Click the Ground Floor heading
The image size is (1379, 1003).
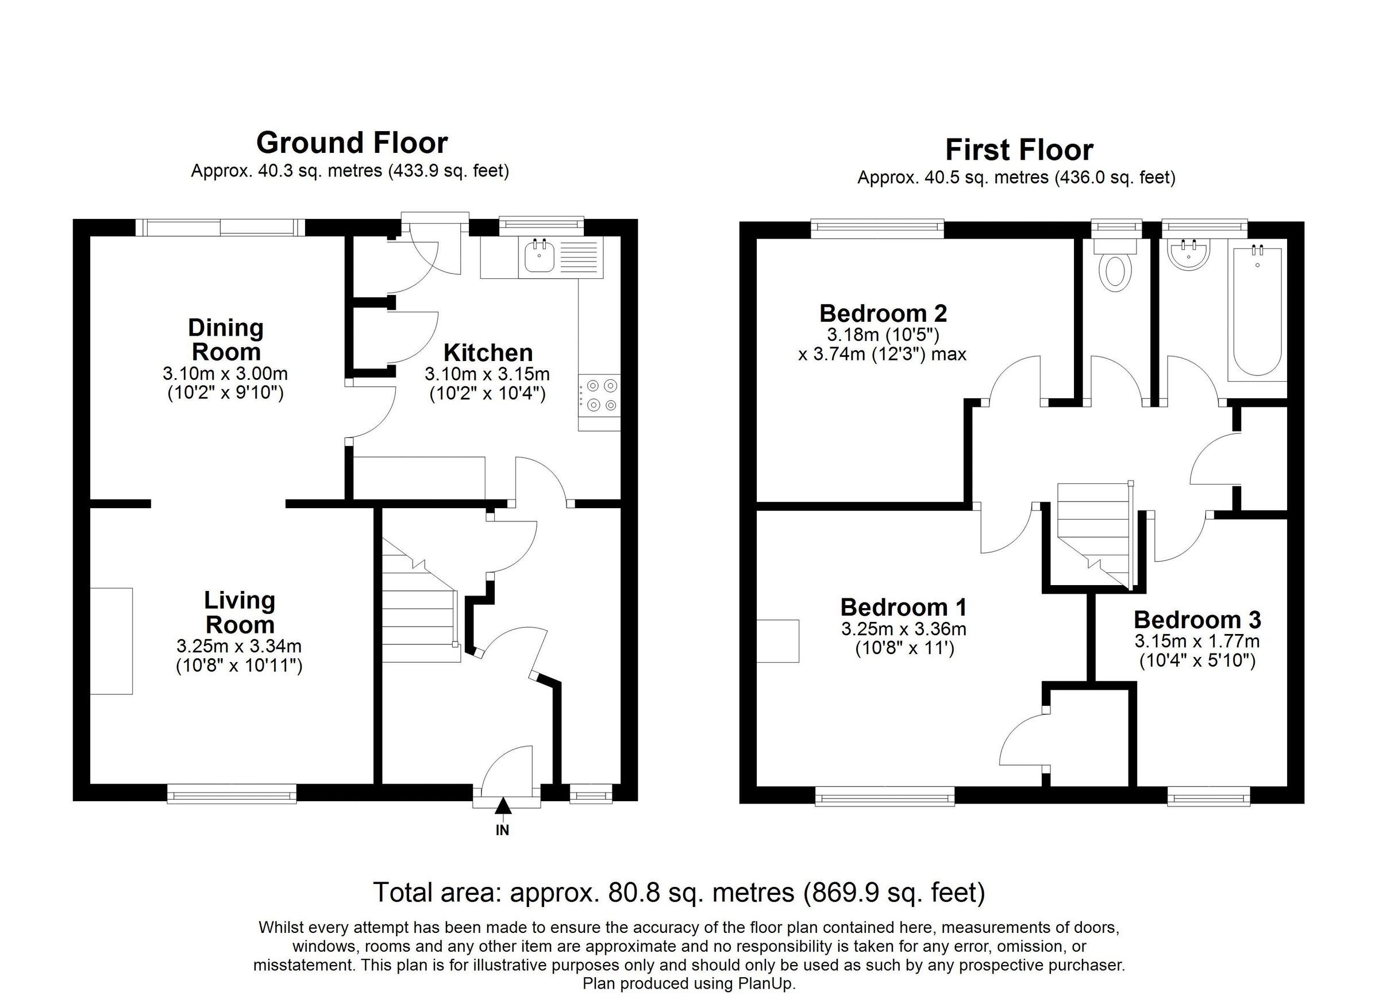[352, 144]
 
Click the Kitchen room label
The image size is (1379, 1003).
[488, 353]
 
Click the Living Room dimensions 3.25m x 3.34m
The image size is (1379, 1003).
[239, 646]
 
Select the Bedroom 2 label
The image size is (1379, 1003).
[883, 313]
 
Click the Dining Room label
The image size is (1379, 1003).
[225, 339]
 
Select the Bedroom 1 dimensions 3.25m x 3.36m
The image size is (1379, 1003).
[903, 629]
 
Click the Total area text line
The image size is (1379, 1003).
[679, 892]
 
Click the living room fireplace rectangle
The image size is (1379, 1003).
[111, 640]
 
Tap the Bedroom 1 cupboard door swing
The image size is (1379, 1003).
[1023, 740]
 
